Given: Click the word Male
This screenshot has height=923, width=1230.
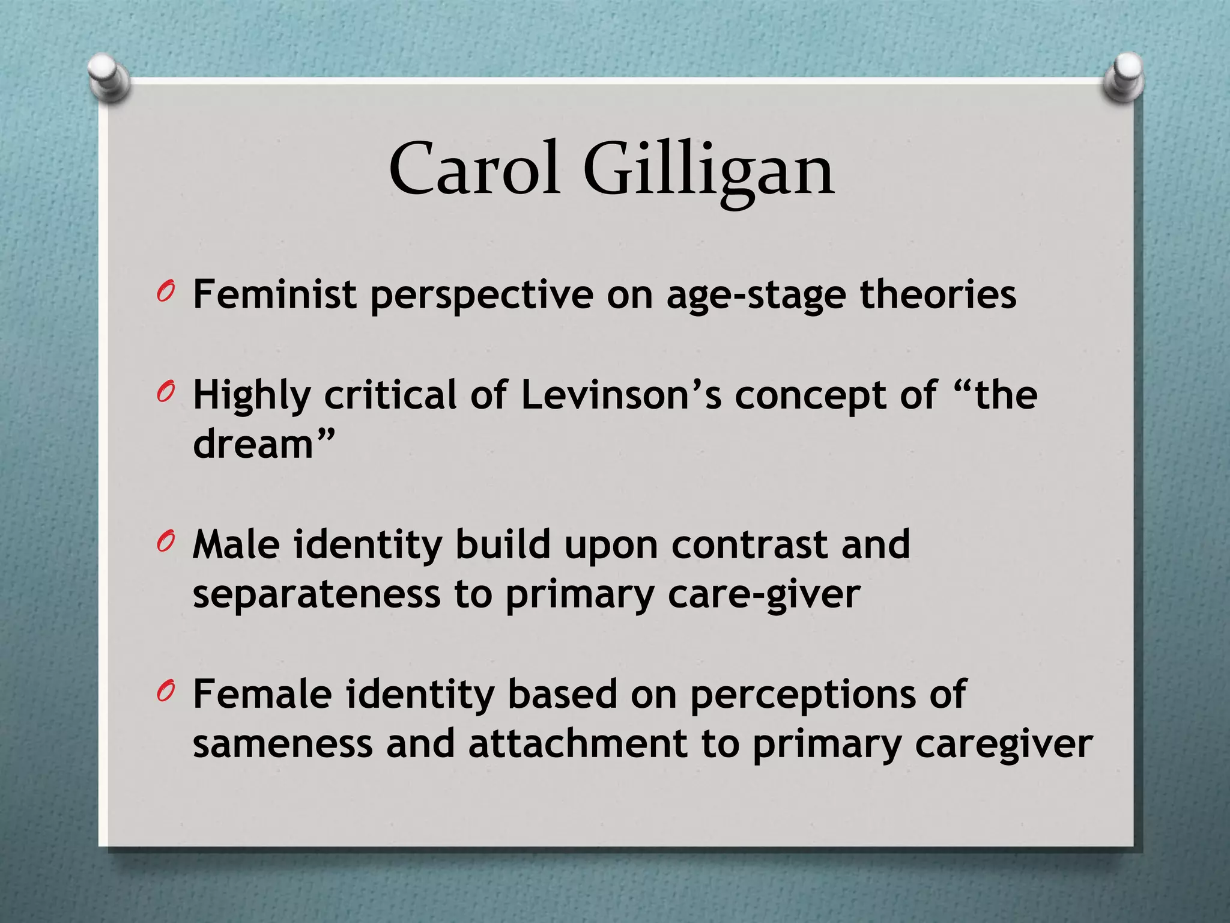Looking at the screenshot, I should [236, 544].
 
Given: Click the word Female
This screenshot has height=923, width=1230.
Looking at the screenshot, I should [262, 694].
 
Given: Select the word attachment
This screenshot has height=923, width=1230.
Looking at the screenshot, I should [577, 743].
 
